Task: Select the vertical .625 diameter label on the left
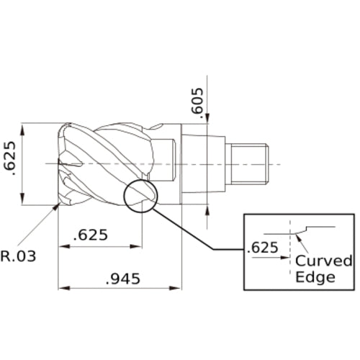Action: point(10,166)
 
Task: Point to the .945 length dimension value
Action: point(125,277)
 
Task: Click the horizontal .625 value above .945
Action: point(92,235)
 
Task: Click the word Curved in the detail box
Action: point(324,261)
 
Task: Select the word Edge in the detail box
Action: point(315,277)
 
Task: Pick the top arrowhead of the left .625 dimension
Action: point(24,127)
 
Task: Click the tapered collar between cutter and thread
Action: point(202,163)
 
